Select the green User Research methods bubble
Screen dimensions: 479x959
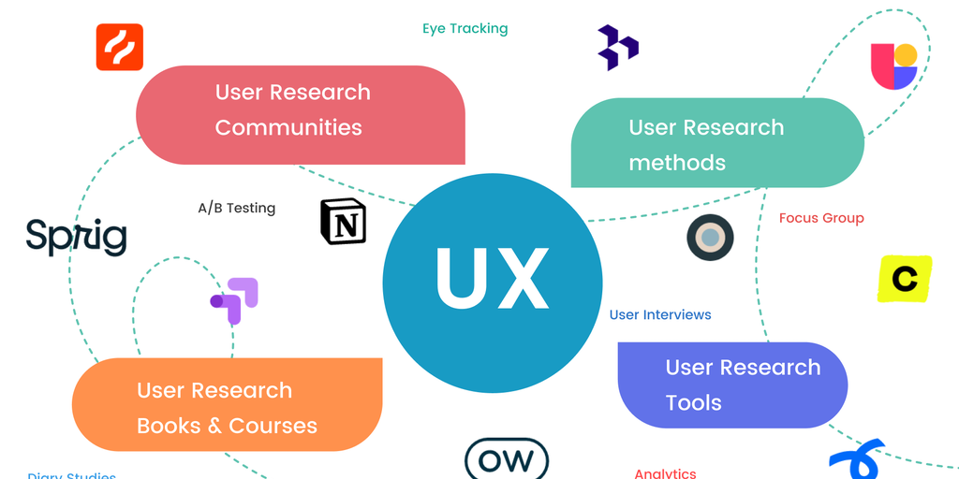716,143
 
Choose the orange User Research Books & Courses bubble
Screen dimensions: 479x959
227,406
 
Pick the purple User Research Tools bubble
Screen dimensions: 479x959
732,384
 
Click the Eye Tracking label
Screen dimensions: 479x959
465,28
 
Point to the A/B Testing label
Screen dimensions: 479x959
236,208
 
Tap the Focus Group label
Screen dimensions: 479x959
821,218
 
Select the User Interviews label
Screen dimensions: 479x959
660,314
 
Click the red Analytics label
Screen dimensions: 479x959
665,473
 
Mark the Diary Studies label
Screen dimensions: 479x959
72,475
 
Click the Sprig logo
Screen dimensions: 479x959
76,237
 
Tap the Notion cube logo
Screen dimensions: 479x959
344,222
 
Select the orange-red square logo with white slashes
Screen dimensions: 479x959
120,47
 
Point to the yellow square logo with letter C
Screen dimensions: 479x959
905,279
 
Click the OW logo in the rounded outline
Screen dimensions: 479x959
507,459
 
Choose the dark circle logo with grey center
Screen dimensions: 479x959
710,238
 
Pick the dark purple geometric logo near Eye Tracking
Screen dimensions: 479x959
618,48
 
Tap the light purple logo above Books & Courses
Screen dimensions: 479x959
235,299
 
